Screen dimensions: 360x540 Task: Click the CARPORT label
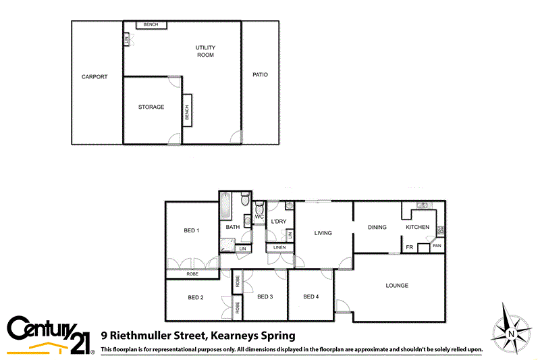94,77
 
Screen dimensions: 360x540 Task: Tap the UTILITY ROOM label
205,51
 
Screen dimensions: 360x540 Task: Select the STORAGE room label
151,107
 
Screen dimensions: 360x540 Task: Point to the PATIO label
261,75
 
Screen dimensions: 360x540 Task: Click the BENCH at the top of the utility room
151,25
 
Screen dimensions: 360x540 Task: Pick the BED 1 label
192,231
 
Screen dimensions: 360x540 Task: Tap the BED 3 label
265,297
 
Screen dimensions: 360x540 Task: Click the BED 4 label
310,297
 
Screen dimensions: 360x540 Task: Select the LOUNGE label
397,286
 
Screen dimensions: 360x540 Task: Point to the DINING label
377,227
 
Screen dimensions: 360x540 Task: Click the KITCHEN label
417,227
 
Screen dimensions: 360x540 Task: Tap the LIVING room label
323,234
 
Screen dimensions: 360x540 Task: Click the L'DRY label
279,222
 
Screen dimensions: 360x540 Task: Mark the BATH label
233,227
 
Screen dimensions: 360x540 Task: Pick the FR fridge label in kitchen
409,247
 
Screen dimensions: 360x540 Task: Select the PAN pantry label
437,246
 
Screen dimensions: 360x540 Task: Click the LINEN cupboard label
280,247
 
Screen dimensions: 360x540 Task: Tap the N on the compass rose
512,334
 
